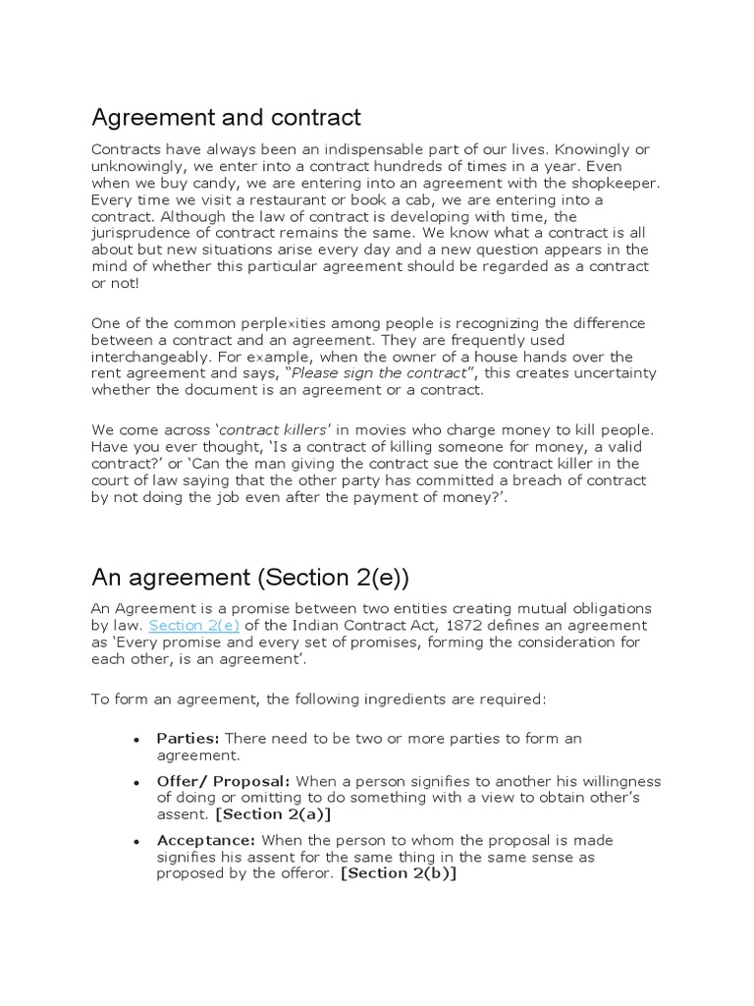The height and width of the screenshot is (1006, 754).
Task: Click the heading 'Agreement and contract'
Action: pos(227,118)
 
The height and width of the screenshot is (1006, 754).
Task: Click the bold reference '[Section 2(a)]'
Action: pos(267,814)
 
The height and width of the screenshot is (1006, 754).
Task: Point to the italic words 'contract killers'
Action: pos(274,430)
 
